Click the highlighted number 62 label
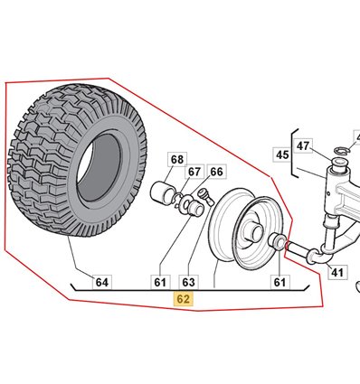[184, 299]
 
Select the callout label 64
[102, 282]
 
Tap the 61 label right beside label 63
[160, 282]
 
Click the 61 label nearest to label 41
[279, 282]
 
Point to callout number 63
[189, 282]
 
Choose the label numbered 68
[177, 160]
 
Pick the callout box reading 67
[194, 172]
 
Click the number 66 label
[216, 172]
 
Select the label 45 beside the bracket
[282, 155]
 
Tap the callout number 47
[303, 145]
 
